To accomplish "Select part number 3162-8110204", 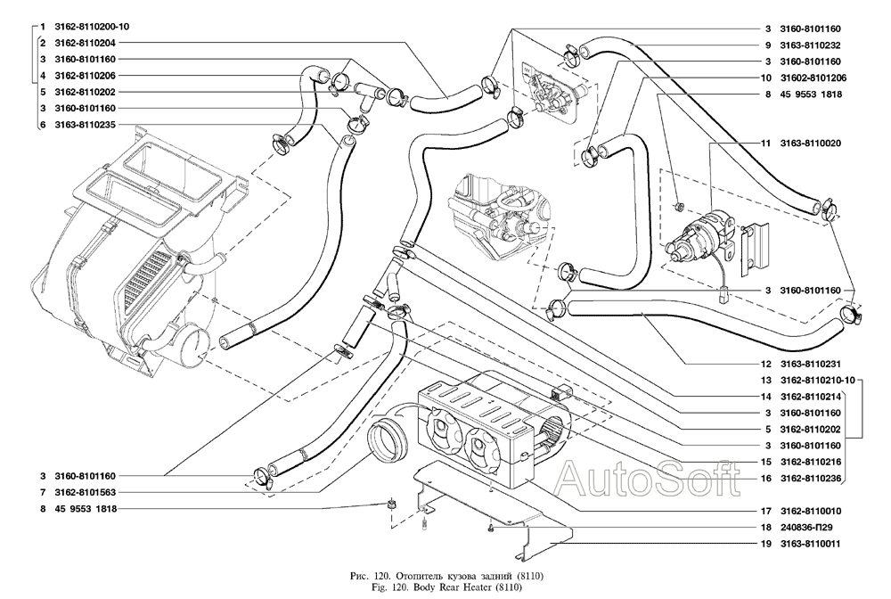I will (85, 43).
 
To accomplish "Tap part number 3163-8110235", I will (85, 125).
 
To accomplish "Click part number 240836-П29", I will (812, 528).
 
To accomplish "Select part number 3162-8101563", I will (85, 492).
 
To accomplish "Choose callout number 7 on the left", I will (41, 492).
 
